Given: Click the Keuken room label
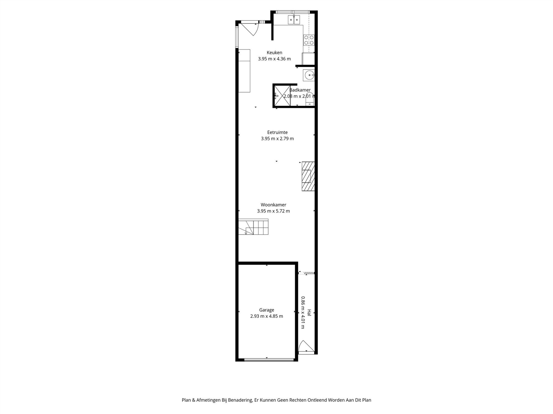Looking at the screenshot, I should click(x=274, y=52).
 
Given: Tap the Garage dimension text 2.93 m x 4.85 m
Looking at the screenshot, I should click(x=267, y=316).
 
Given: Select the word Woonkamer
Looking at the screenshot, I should click(x=273, y=205).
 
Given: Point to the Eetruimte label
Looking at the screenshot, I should click(x=277, y=132).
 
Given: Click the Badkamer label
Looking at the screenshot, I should click(x=300, y=90).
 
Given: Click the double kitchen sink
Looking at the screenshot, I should click(x=294, y=20).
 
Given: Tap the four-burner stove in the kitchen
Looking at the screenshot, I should click(x=309, y=40).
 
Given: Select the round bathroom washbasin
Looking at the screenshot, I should click(x=309, y=75).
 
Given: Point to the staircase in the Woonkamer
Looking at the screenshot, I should click(x=253, y=227).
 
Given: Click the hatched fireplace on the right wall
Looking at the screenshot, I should click(x=308, y=176).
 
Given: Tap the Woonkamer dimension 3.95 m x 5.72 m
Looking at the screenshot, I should click(x=273, y=211).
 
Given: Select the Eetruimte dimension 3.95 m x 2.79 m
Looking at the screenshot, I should click(x=277, y=139).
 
